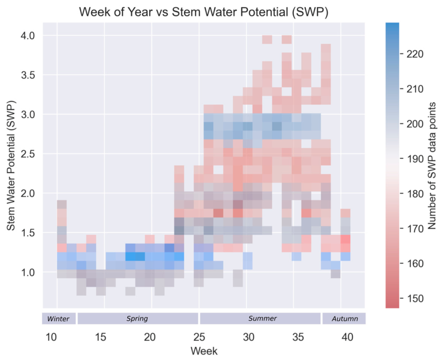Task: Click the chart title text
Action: [x=204, y=12]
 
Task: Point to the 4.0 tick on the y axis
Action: [x=28, y=36]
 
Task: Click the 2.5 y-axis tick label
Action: [x=28, y=154]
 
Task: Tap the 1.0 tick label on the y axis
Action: [x=28, y=272]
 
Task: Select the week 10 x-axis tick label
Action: [x=51, y=337]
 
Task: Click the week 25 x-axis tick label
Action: [x=199, y=337]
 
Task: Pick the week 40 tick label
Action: [x=347, y=337]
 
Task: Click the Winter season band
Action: [x=59, y=319]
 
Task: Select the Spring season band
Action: [x=138, y=319]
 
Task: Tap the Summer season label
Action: [x=262, y=318]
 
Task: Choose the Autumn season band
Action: [x=344, y=319]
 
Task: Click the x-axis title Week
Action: [x=204, y=351]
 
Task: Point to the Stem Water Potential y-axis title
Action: [x=10, y=165]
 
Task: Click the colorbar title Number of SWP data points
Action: [x=431, y=166]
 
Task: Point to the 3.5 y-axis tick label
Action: [x=28, y=75]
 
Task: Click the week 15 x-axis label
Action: [x=101, y=337]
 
